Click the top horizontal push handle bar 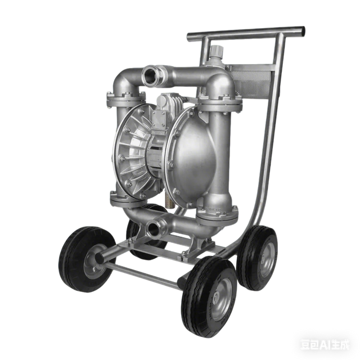[x=247, y=34]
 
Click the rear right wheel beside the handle [x=258, y=256]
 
